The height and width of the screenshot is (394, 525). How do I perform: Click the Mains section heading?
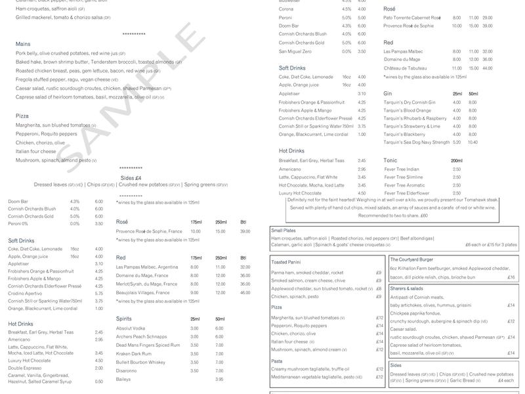coord(23,44)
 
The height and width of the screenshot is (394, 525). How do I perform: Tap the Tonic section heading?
coord(391,161)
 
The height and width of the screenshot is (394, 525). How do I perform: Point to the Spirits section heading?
coord(124,318)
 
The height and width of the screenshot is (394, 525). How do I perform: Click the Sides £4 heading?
coord(131,178)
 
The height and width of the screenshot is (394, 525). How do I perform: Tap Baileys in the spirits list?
coord(123,380)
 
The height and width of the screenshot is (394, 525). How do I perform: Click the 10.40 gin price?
coord(472,142)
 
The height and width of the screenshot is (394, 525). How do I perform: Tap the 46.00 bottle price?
coord(245,292)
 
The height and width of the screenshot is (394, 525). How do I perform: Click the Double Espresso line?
coord(26,368)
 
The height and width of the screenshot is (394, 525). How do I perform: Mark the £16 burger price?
coord(511,278)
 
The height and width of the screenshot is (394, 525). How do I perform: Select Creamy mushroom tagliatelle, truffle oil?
coord(310,369)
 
